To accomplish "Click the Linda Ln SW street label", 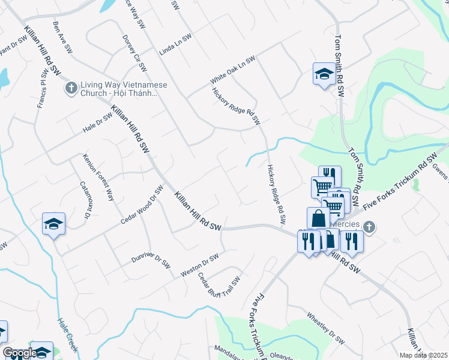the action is click(x=175, y=45).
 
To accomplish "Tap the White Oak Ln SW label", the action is click(x=232, y=70).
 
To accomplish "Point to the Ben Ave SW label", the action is click(x=62, y=36).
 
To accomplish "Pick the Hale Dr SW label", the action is click(x=98, y=122).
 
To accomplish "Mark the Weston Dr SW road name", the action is click(x=200, y=265).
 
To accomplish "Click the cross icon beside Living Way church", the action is click(x=71, y=89).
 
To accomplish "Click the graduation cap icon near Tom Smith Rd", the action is click(x=324, y=74).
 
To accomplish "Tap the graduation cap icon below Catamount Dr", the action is click(x=53, y=224).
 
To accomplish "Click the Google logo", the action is click(x=19, y=353).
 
